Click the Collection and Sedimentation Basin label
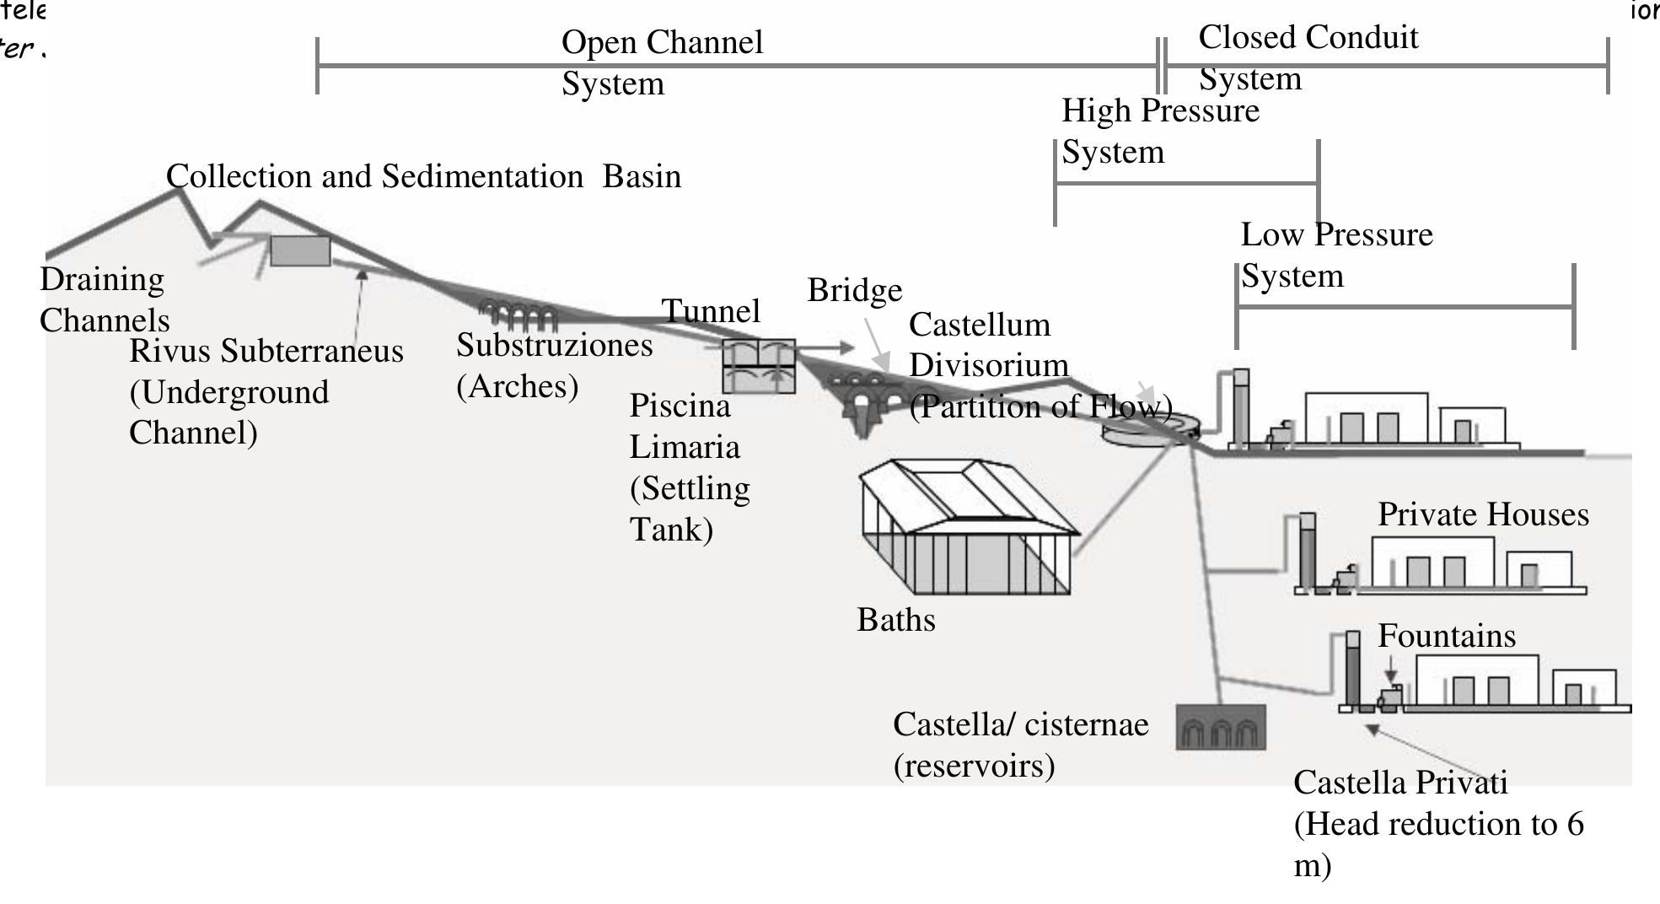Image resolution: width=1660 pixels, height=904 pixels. coord(423,176)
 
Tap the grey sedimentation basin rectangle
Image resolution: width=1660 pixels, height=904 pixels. coord(300,250)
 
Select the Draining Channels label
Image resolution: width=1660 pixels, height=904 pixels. coord(104,299)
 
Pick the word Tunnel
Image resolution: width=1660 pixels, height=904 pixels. coord(711,311)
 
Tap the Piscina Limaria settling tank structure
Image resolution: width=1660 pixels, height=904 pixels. coord(759,365)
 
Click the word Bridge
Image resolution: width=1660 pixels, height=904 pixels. coord(854,290)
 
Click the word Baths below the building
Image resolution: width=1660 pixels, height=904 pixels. coord(895,620)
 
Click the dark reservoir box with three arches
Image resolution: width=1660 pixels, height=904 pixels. coord(1220,727)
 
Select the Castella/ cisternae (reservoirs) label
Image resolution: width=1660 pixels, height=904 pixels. coord(1019,745)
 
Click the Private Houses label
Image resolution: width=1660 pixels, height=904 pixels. coord(1482,514)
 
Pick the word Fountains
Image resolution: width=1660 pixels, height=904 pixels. coord(1446,636)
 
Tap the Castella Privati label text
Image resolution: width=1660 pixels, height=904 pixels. coord(1437,823)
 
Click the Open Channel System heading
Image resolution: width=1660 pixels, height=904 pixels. coord(662,62)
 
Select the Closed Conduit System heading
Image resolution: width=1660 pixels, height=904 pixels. coord(1307,57)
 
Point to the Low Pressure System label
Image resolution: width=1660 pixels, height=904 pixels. coord(1335,255)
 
